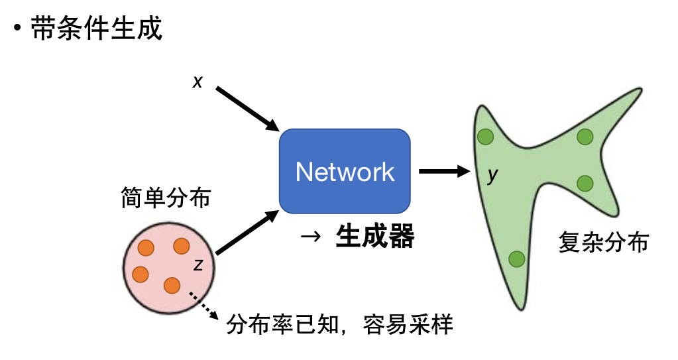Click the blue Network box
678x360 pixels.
[x=345, y=172]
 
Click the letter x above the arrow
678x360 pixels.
[x=198, y=82]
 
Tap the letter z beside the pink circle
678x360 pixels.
[x=198, y=265]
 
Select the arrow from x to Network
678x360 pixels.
[x=247, y=109]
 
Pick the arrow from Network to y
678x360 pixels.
[x=443, y=171]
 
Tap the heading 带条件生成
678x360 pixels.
[x=96, y=29]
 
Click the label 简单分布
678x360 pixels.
[x=166, y=197]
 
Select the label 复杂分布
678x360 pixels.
[x=603, y=243]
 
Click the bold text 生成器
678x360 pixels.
[x=375, y=235]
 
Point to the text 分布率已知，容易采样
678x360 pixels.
[x=340, y=325]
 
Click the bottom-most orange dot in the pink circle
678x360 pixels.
[x=172, y=285]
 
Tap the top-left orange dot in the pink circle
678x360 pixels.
[x=146, y=249]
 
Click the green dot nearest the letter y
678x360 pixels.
[x=486, y=137]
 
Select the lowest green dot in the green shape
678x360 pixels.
[x=516, y=259]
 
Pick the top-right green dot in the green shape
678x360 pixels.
[x=584, y=137]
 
